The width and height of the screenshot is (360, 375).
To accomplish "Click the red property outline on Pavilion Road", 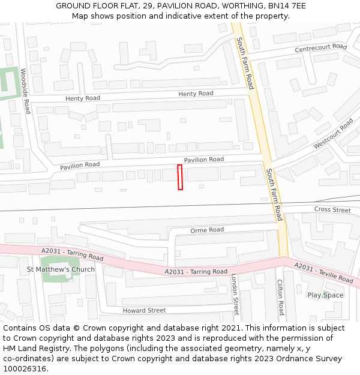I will pos(180,177).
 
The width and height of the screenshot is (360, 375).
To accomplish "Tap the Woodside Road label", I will pos(25,91).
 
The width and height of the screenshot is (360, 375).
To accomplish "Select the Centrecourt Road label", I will pos(320,47).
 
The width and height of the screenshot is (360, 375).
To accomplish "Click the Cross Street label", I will pos(332,210).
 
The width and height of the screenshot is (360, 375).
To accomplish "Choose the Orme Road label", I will pos(207,230).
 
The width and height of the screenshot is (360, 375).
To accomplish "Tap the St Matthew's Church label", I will pos(61,269).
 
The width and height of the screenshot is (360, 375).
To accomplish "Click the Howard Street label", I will pos(144,310).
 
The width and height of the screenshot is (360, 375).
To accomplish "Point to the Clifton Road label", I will pos(280,297).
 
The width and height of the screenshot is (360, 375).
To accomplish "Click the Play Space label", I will pos(325,295).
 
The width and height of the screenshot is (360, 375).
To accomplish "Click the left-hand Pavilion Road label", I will pos(80,164).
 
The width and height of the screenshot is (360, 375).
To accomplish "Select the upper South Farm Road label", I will pos(245,63).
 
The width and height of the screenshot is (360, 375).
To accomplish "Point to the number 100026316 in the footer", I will pos(25,369).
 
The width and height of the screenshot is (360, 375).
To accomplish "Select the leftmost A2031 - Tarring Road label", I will pos(73,254).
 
